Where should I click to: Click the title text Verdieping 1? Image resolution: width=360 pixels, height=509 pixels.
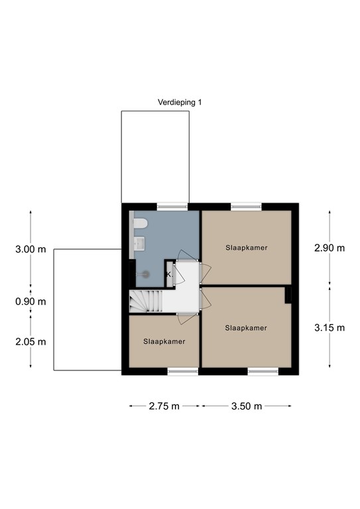[x=179, y=102]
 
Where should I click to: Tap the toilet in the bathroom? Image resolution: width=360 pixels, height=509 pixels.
[x=139, y=225]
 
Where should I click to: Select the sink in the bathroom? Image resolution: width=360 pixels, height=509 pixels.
[x=138, y=245]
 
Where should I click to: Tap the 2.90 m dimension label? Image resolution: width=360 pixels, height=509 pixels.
[x=330, y=249]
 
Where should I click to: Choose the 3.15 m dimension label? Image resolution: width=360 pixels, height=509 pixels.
[x=330, y=327]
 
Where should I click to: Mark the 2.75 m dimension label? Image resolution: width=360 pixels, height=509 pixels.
[x=165, y=406]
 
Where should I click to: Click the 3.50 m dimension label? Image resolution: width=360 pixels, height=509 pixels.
[x=246, y=406]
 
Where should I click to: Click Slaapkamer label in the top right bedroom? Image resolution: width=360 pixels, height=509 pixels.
[x=246, y=248]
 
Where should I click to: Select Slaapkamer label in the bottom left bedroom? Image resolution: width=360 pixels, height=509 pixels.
[x=164, y=341]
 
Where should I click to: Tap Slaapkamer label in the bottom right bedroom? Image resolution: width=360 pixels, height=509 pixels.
[x=246, y=328]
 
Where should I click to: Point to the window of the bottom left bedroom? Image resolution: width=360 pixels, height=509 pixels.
[x=182, y=372]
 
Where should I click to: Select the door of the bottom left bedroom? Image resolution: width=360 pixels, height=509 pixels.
[x=188, y=318]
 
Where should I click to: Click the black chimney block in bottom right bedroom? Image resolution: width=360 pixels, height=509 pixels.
[x=288, y=296]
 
